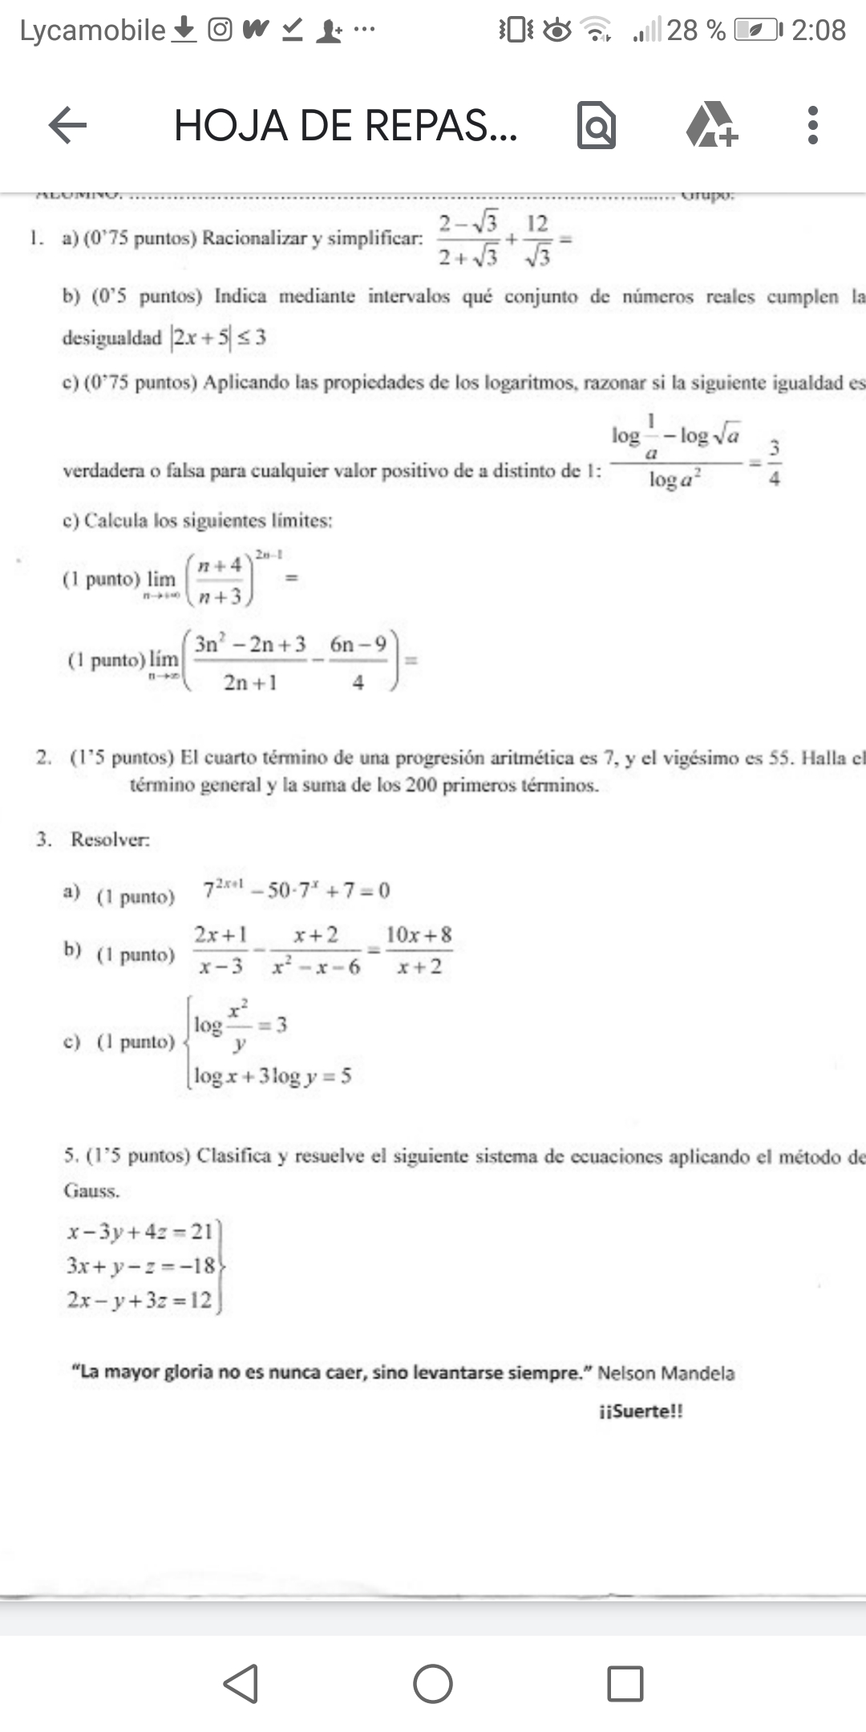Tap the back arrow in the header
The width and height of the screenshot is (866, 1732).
(68, 126)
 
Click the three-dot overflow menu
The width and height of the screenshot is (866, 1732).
(812, 126)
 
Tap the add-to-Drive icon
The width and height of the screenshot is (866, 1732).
(711, 126)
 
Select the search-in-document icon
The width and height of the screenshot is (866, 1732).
(597, 126)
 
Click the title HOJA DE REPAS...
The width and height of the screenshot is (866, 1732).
(346, 126)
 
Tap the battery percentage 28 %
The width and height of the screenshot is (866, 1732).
(695, 30)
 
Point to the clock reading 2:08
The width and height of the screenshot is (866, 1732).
(818, 30)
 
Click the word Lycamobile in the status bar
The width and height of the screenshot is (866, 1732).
(92, 30)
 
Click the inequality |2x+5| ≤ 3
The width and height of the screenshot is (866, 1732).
(218, 338)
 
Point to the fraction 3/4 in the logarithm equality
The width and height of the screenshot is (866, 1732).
(775, 463)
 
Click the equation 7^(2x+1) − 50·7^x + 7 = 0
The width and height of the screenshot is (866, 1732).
(297, 890)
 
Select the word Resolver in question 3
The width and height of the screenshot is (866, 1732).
(110, 840)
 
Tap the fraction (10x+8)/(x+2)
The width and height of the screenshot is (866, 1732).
(419, 950)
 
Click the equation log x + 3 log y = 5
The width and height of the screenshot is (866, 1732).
(273, 1076)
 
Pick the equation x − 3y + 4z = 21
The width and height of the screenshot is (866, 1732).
(140, 1231)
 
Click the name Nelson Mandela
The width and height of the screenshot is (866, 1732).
(666, 1373)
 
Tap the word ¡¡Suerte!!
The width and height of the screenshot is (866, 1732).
(641, 1411)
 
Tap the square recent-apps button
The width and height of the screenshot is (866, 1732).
(625, 1683)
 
